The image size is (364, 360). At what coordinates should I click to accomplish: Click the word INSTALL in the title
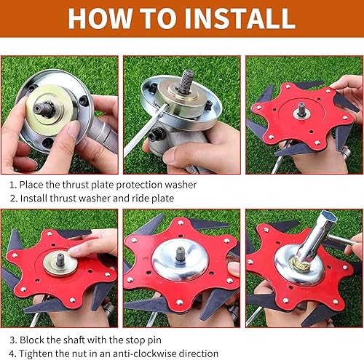pyautogui.click(x=240, y=19)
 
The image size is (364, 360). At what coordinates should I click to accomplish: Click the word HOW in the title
pyautogui.click(x=100, y=19)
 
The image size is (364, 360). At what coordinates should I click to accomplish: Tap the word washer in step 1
pyautogui.click(x=181, y=185)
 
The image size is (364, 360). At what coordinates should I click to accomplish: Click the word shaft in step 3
pyautogui.click(x=71, y=340)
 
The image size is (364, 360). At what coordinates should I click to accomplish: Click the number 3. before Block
pyautogui.click(x=13, y=340)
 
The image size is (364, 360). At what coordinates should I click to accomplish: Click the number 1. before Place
pyautogui.click(x=13, y=185)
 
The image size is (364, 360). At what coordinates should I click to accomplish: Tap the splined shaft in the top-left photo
pyautogui.click(x=44, y=110)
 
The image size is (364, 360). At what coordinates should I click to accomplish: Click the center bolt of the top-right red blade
pyautogui.click(x=301, y=109)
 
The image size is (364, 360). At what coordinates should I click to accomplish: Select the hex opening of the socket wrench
pyautogui.click(x=328, y=216)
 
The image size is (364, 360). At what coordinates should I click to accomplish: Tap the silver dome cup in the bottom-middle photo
pyautogui.click(x=180, y=259)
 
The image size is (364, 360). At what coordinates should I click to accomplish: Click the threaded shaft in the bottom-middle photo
pyautogui.click(x=181, y=253)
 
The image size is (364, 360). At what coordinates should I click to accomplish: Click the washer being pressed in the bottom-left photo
pyautogui.click(x=60, y=263)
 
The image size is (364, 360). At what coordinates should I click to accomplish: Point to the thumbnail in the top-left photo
pyautogui.click(x=74, y=129)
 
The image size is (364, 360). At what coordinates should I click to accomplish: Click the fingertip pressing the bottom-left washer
pyautogui.click(x=74, y=250)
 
